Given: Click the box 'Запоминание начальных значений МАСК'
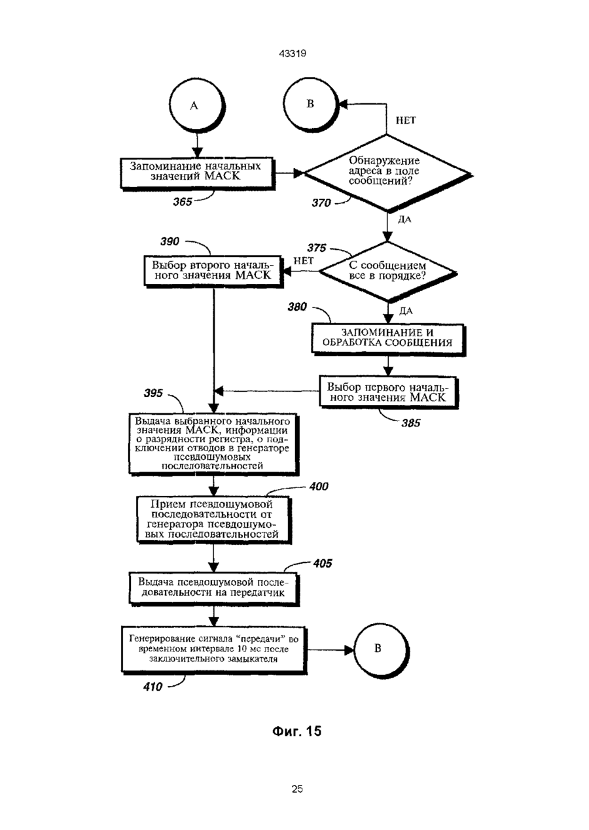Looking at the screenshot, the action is [198, 174].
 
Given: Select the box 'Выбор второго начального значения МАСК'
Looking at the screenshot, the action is [213, 271].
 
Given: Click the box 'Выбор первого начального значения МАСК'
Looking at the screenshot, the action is [389, 393].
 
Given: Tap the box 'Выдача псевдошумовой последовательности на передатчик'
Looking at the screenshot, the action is [214, 589].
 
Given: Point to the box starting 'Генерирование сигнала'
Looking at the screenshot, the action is [214, 649].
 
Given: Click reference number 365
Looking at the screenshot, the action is [183, 202].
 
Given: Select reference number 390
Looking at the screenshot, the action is [170, 241].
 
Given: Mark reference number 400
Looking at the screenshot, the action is [319, 486].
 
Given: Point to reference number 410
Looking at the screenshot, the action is [152, 687].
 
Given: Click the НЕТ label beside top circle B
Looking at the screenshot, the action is [406, 120].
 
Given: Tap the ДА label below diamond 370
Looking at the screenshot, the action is [405, 219].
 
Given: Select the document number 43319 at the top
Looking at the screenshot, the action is [293, 54].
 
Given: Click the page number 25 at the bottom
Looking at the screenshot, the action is [297, 789].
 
